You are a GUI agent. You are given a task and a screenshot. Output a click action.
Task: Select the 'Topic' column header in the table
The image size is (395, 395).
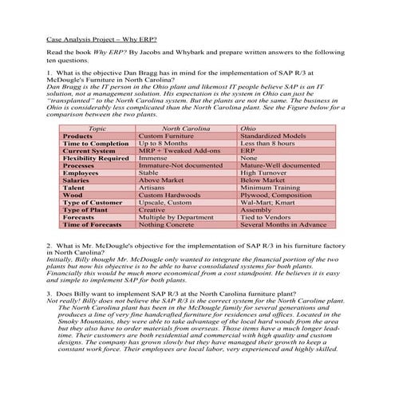[x=96, y=128]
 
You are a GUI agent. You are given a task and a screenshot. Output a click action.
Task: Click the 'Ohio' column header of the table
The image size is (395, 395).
[x=248, y=128]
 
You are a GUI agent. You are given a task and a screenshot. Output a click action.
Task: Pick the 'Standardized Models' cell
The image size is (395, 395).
[x=273, y=136]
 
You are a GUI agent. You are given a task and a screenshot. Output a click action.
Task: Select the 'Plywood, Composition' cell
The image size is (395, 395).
[x=275, y=194]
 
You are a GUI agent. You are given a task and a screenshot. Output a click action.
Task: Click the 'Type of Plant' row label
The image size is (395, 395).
[x=85, y=209]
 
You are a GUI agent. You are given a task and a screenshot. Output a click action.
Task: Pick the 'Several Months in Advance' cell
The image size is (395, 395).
[x=283, y=223]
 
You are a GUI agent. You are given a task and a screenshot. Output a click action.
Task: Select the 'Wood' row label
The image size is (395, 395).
[x=73, y=194]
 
